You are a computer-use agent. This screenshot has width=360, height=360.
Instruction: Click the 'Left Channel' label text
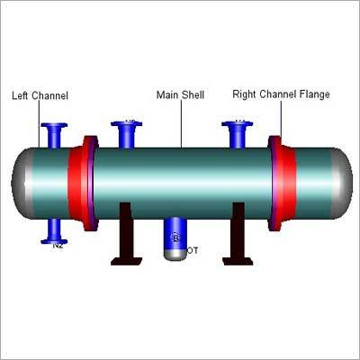40,94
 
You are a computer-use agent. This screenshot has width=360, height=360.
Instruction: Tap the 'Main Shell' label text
180,93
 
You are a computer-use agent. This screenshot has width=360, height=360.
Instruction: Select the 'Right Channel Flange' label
281,93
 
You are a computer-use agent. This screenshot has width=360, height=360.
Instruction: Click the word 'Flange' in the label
313,93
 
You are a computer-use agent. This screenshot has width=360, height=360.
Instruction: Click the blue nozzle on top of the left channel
56,135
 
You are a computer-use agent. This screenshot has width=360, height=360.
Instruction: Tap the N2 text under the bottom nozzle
58,245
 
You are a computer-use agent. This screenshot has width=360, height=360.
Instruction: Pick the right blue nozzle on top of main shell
238,134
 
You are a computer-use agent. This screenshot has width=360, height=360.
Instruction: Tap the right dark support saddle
238,238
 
